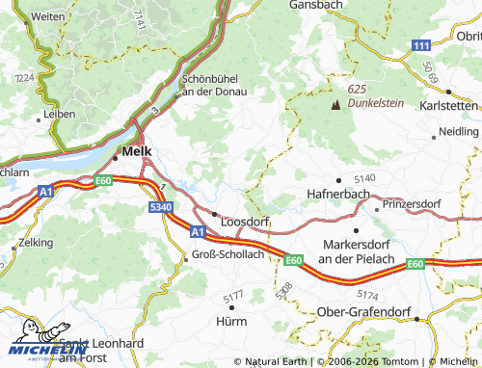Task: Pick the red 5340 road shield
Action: [161, 207]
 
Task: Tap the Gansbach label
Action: [317, 6]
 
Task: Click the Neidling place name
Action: [458, 131]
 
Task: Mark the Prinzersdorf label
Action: [416, 205]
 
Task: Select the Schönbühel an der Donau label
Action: [214, 86]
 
